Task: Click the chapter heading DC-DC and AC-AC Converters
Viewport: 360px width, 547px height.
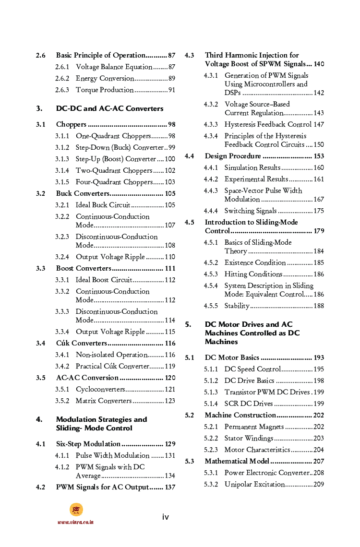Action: point(109,108)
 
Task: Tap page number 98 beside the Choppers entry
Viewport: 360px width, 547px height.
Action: point(171,125)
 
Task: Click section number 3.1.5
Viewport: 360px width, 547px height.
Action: point(62,182)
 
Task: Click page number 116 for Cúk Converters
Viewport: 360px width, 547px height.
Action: point(170,344)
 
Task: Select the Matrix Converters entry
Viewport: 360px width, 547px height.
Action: point(104,401)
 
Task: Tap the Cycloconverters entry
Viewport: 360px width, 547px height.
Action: point(100,390)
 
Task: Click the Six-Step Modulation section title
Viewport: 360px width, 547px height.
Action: point(88,444)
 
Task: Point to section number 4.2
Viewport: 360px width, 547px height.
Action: point(41,488)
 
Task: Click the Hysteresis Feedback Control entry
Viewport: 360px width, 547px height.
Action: point(268,125)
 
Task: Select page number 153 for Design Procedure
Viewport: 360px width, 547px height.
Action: point(319,156)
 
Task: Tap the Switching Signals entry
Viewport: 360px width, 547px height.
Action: point(251,211)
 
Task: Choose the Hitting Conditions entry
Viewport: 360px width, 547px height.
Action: point(253,274)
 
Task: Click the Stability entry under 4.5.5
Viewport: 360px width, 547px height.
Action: point(237,306)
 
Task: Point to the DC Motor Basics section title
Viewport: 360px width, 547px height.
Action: point(232,358)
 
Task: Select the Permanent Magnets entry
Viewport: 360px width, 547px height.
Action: point(254,427)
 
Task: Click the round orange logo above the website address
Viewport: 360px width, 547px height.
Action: point(76,510)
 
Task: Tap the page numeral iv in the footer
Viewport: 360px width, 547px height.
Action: point(165,517)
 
